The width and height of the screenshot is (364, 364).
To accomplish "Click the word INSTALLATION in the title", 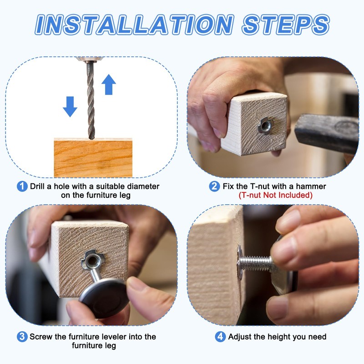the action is pyautogui.click(x=134, y=25).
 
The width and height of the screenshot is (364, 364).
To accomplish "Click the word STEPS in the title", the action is pyautogui.click(x=286, y=25).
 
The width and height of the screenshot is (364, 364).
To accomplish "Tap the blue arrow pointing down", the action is pyautogui.click(x=70, y=106).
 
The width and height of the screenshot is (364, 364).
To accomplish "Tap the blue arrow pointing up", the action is pyautogui.click(x=109, y=85).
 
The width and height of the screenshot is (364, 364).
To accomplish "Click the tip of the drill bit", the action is pyautogui.click(x=91, y=139).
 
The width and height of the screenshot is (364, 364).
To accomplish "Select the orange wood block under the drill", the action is pyautogui.click(x=93, y=158).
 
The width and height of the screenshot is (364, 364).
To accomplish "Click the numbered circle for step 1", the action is pyautogui.click(x=22, y=187).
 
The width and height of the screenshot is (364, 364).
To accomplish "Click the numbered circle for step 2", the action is pyautogui.click(x=214, y=187).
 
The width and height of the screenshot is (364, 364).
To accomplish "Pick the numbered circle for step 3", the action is pyautogui.click(x=22, y=337).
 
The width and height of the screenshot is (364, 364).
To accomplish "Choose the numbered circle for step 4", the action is pyautogui.click(x=220, y=337).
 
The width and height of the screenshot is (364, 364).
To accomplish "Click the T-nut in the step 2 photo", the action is pyautogui.click(x=265, y=126).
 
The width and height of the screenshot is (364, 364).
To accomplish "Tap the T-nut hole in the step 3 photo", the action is pyautogui.click(x=92, y=262).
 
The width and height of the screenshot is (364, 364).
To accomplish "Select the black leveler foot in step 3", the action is pyautogui.click(x=104, y=298).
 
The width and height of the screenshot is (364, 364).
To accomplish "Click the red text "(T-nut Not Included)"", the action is pyautogui.click(x=276, y=195).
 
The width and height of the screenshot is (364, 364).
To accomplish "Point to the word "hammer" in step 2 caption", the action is pyautogui.click(x=311, y=187).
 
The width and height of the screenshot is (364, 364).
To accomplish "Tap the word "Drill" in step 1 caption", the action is pyautogui.click(x=38, y=187).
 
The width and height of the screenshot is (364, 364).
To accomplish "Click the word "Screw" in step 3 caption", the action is pyautogui.click(x=41, y=337).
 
